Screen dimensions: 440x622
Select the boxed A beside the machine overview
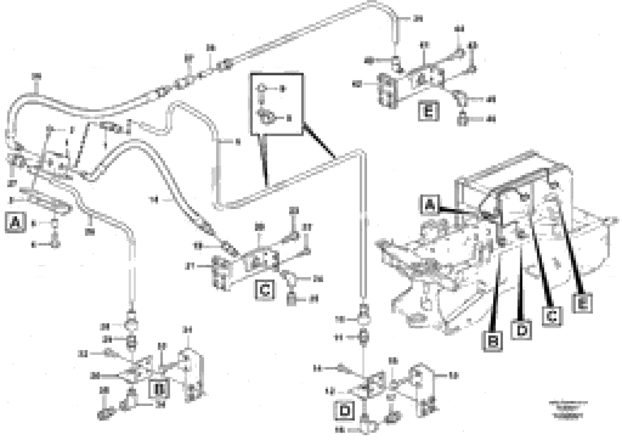pyautogui.click(x=430, y=205)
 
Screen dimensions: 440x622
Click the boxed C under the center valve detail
pyautogui.click(x=264, y=290)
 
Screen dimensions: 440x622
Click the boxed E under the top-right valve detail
pyautogui.click(x=428, y=111)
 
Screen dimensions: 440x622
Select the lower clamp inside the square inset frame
pyautogui.click(x=266, y=117)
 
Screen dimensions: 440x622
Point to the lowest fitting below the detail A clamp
pyautogui.click(x=56, y=244)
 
